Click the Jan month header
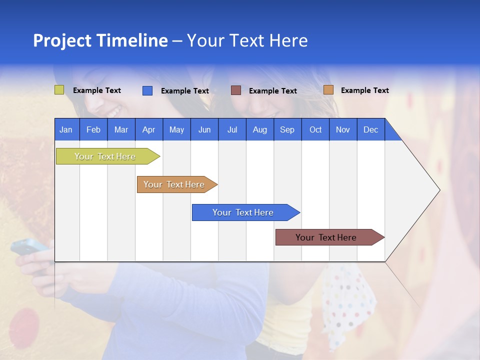coord(66,129)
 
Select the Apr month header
coord(148,129)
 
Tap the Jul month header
coord(232,129)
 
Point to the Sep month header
coord(287,129)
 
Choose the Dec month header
coord(370,129)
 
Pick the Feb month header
coord(93,129)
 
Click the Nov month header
coord(342,129)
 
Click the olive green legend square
coord(59,90)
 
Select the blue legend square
coord(147,90)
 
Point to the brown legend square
coord(236,90)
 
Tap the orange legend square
coord(328,90)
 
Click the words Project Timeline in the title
coord(100,40)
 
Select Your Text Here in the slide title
coord(247,40)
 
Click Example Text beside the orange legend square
coord(364,90)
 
